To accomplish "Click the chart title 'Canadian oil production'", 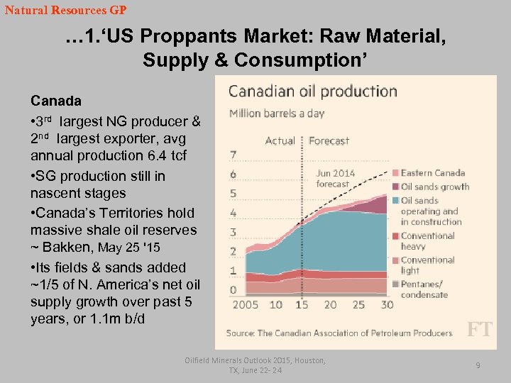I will point(312,91).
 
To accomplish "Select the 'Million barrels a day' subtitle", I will point(277,113).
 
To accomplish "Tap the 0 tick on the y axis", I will point(233,289).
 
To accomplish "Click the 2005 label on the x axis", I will point(245,304).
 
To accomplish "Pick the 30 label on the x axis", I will point(387,304).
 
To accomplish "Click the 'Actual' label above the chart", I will point(280,140).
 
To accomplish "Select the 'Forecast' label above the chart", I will point(329,140).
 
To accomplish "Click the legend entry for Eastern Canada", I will point(432,172).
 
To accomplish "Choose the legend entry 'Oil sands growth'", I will point(434,187).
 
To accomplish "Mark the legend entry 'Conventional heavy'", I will point(427,241).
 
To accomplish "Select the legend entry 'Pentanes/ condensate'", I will point(424,289).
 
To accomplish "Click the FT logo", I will point(478,329).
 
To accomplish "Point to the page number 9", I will point(478,365).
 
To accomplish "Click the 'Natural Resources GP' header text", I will point(65,11).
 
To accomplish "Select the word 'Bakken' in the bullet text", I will point(68,248).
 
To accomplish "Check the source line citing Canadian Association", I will point(339,333).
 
